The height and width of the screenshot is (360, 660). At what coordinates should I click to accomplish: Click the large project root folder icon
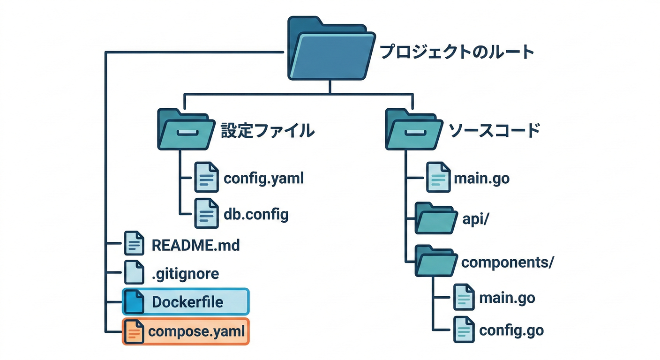coord(330,49)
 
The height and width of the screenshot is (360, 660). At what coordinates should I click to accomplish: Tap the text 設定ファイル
coord(267,131)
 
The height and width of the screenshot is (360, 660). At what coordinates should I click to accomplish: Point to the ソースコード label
coord(494,131)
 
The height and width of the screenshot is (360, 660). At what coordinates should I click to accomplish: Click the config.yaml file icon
coord(206,178)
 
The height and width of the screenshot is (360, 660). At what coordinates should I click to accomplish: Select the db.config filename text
coord(256,215)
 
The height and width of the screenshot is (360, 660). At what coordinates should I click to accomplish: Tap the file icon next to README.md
coord(134,244)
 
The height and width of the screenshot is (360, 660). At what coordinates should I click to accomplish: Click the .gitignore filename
coord(185,273)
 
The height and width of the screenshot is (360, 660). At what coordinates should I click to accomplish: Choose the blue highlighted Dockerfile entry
coord(186,302)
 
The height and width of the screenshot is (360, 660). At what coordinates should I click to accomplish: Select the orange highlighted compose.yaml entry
coord(186,331)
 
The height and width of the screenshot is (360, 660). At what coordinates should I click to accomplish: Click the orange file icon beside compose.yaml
coord(134,331)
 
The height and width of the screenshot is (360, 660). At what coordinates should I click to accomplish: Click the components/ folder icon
coord(436,262)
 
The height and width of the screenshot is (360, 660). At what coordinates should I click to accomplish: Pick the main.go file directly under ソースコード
coord(481,179)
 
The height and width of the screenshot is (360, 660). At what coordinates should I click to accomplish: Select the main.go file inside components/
coord(506,298)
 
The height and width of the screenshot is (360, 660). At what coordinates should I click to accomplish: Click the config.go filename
coord(511,330)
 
